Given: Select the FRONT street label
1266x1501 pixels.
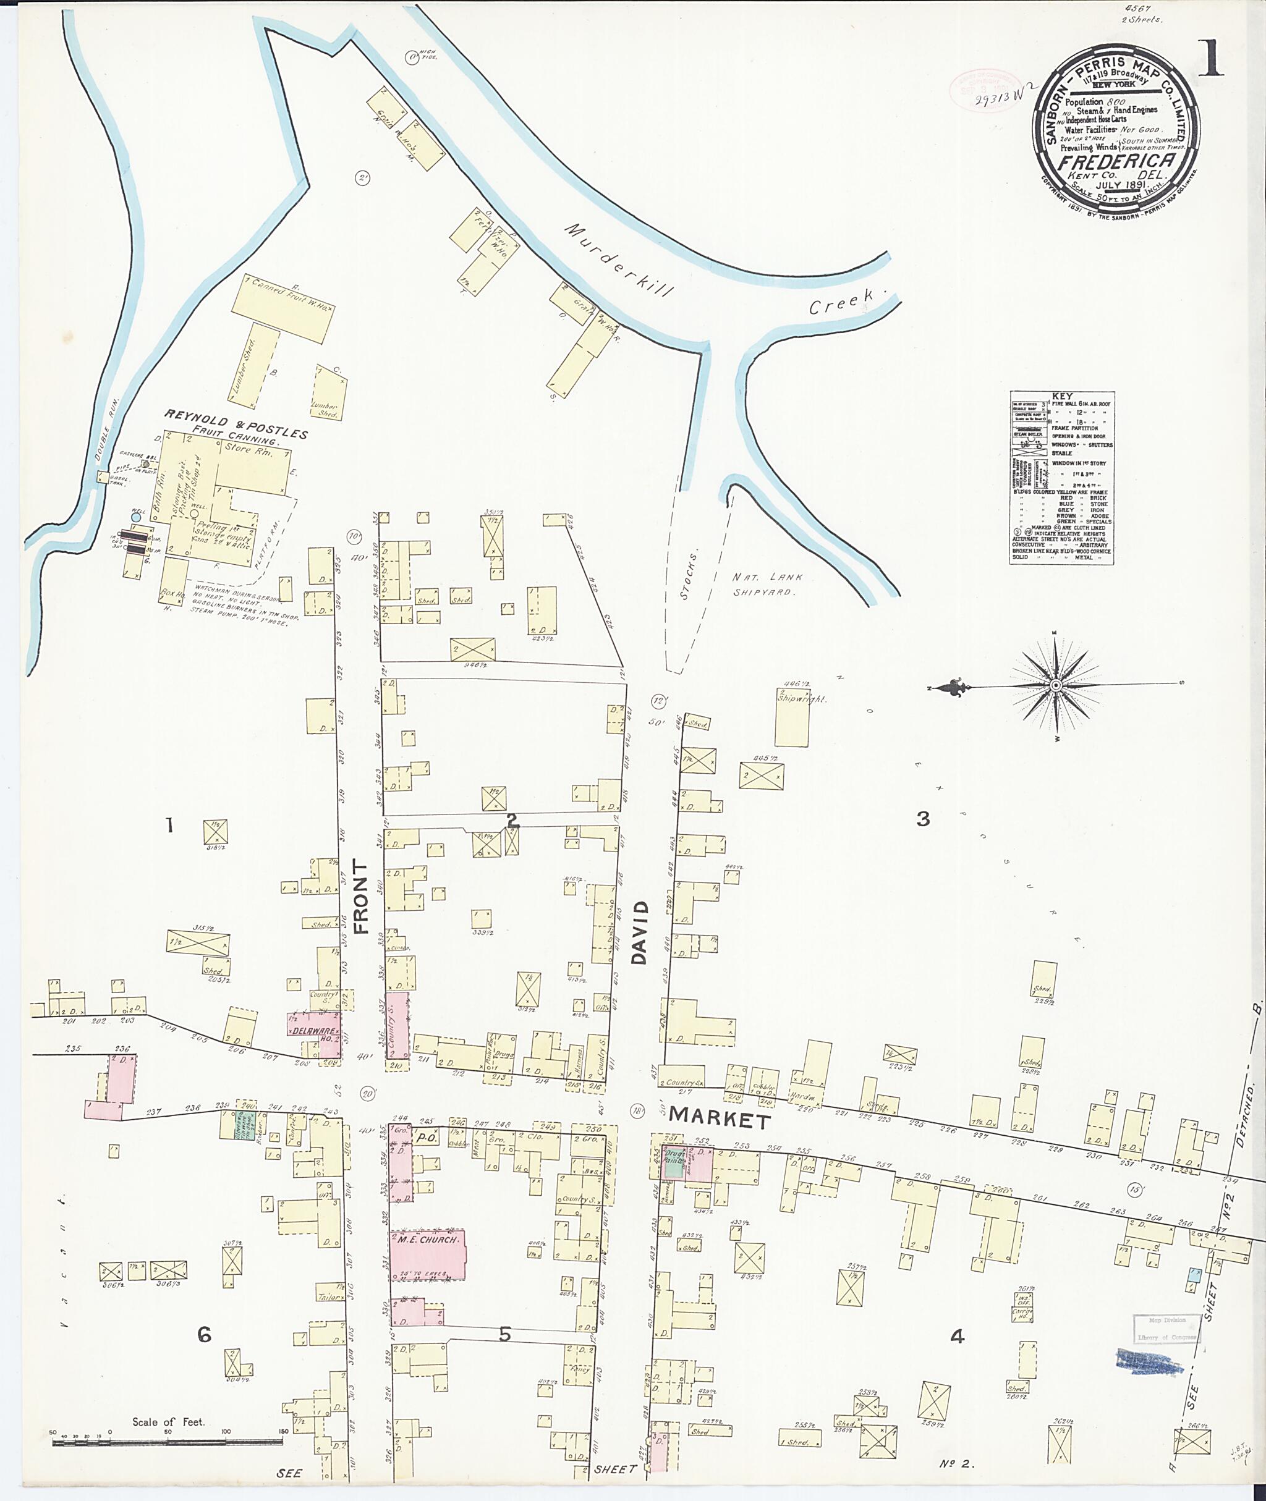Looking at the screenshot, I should pos(361,897).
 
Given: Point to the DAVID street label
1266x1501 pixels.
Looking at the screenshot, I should pos(640,932).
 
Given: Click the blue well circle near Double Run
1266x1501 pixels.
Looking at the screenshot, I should pos(135,517).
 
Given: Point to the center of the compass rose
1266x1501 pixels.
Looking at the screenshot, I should pos(1056,686).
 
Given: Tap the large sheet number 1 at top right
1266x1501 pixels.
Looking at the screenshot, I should pos(1212,59).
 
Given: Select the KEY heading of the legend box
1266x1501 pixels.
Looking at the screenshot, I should pos(1062,396).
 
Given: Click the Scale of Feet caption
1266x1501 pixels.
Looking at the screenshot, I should pos(168,1421).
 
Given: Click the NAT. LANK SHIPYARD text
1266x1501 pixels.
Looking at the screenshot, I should pos(767,584).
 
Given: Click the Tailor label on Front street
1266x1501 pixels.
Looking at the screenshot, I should pos(329,1296).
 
